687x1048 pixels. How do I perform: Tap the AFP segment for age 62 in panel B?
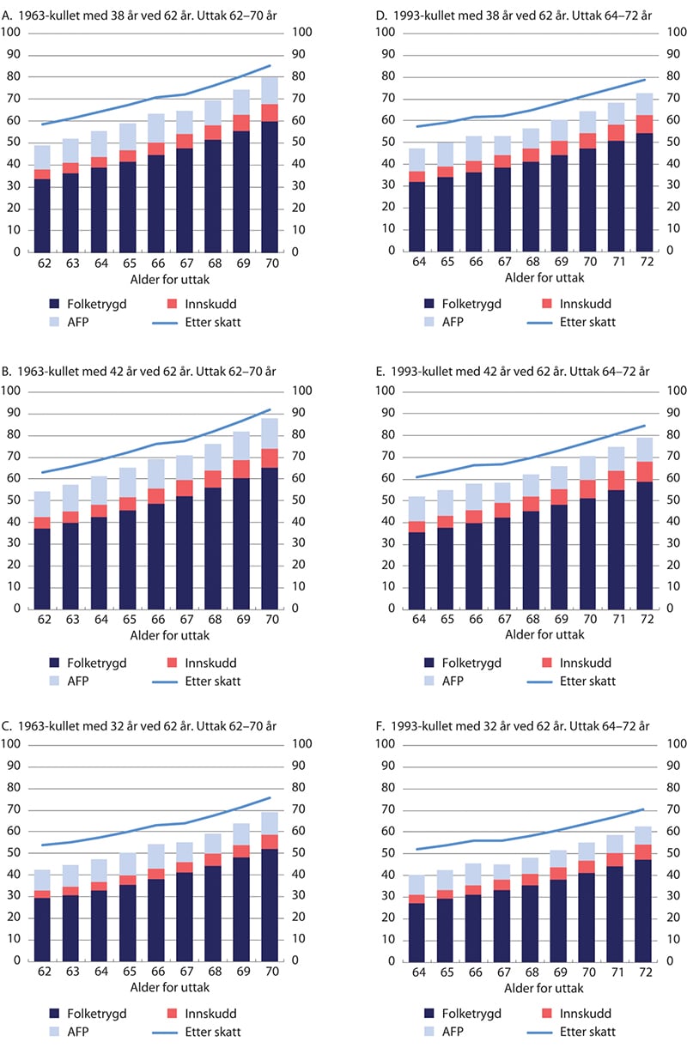(x=42, y=505)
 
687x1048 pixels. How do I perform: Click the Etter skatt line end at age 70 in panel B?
(x=271, y=409)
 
